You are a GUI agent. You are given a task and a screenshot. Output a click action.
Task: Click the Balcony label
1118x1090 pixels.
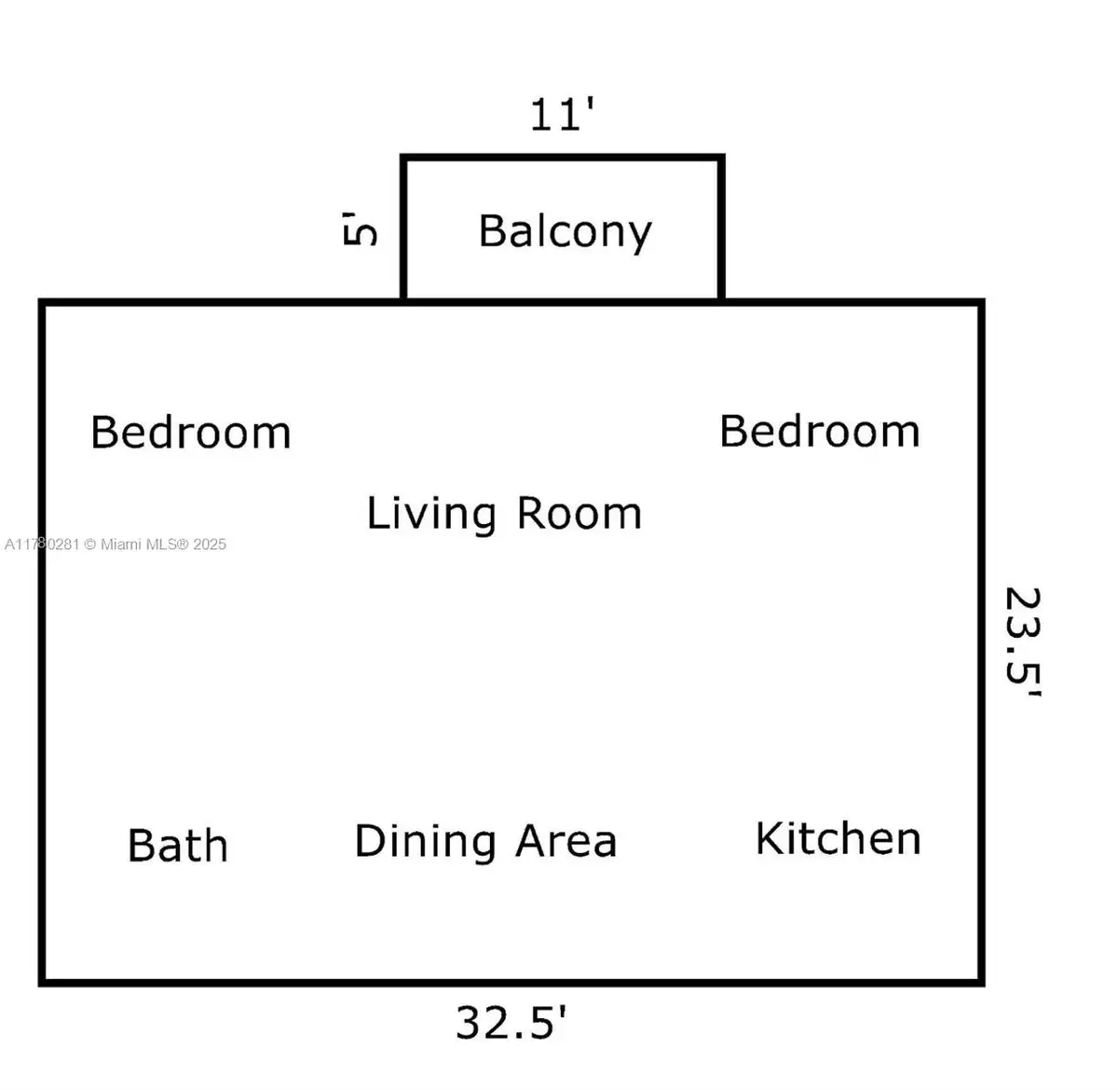(x=565, y=231)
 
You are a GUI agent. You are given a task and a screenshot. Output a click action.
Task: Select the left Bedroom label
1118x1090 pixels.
(x=190, y=433)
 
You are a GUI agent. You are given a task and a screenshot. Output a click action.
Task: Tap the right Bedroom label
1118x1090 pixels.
(x=819, y=431)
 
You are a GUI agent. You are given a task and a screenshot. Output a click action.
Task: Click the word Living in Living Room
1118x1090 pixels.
(x=430, y=514)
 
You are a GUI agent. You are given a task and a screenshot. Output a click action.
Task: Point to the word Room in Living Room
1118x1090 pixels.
(x=579, y=513)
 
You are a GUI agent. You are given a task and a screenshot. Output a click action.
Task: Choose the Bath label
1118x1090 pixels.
(x=177, y=846)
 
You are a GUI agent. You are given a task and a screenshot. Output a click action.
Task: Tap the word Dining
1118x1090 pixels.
(x=425, y=842)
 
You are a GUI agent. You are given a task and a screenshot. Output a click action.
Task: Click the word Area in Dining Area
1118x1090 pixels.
(x=566, y=841)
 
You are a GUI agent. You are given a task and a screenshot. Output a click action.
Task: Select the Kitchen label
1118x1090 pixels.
(x=838, y=838)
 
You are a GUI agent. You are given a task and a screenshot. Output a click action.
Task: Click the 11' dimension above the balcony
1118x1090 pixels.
(x=562, y=115)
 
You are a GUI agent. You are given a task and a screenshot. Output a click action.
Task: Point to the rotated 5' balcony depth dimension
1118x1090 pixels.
(x=361, y=228)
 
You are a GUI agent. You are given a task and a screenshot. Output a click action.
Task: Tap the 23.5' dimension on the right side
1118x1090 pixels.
(x=1022, y=641)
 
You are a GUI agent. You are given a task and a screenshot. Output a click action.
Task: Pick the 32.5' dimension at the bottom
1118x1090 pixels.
(x=511, y=1022)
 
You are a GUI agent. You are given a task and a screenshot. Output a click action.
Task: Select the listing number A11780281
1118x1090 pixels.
(x=41, y=545)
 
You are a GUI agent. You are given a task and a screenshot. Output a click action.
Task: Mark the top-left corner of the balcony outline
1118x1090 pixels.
(x=403, y=158)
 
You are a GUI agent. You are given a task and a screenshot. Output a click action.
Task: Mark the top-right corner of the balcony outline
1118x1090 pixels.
(x=722, y=158)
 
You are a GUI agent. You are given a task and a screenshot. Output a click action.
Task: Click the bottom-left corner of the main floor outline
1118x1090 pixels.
(x=42, y=982)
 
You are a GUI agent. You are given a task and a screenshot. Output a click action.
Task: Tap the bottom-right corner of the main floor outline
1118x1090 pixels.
(x=982, y=982)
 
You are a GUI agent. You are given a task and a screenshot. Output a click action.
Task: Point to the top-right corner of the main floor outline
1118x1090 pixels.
(x=982, y=302)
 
